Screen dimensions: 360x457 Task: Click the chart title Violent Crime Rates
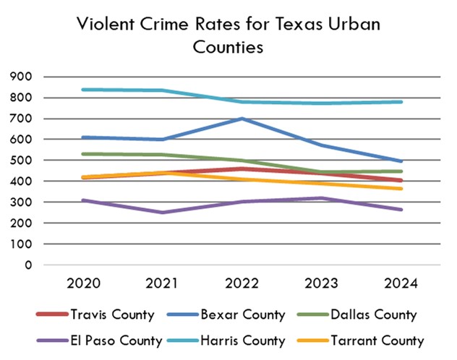228,35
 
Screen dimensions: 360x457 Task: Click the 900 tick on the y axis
21,77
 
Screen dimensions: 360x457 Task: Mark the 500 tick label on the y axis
21,160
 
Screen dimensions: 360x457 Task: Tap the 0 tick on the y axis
27,265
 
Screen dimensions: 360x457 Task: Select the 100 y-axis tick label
21,244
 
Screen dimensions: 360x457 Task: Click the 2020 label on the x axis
83,283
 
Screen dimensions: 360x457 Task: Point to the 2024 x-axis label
401,283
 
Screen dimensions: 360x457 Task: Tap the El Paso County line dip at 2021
162,213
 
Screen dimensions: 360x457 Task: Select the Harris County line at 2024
401,102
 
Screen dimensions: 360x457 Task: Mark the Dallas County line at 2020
83,154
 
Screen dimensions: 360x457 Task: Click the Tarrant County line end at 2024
401,189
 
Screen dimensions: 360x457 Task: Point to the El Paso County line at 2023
320,198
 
